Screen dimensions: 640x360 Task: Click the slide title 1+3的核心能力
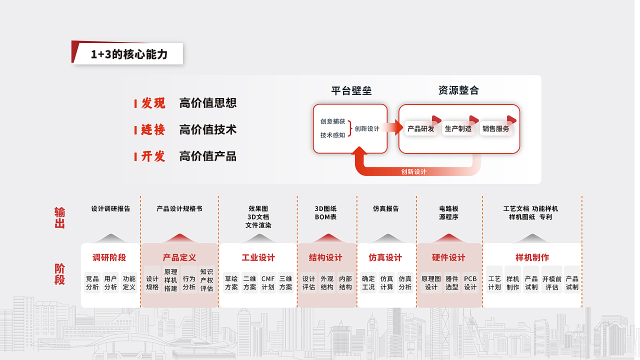click(129, 54)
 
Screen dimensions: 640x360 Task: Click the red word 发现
click(153, 103)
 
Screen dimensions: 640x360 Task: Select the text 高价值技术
click(207, 129)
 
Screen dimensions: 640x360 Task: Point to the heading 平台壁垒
click(351, 90)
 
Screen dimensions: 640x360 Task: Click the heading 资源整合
click(458, 90)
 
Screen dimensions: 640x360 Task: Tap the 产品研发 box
click(421, 129)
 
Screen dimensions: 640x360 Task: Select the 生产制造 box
click(458, 129)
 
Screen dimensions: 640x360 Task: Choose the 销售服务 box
click(495, 129)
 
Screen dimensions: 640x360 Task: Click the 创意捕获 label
click(332, 121)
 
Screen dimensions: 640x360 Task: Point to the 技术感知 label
click(332, 135)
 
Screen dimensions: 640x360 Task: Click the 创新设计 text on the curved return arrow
click(414, 171)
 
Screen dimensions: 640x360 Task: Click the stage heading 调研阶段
click(109, 257)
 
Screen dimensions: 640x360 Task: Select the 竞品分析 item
click(92, 283)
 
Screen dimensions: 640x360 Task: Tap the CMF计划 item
click(268, 283)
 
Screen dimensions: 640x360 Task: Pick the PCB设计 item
click(470, 283)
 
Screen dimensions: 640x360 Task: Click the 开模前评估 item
click(552, 283)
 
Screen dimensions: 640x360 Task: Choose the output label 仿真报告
click(386, 208)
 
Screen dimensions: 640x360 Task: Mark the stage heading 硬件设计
click(448, 257)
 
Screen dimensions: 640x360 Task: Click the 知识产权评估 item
click(206, 280)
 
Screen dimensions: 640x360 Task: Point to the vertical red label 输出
click(59, 217)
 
